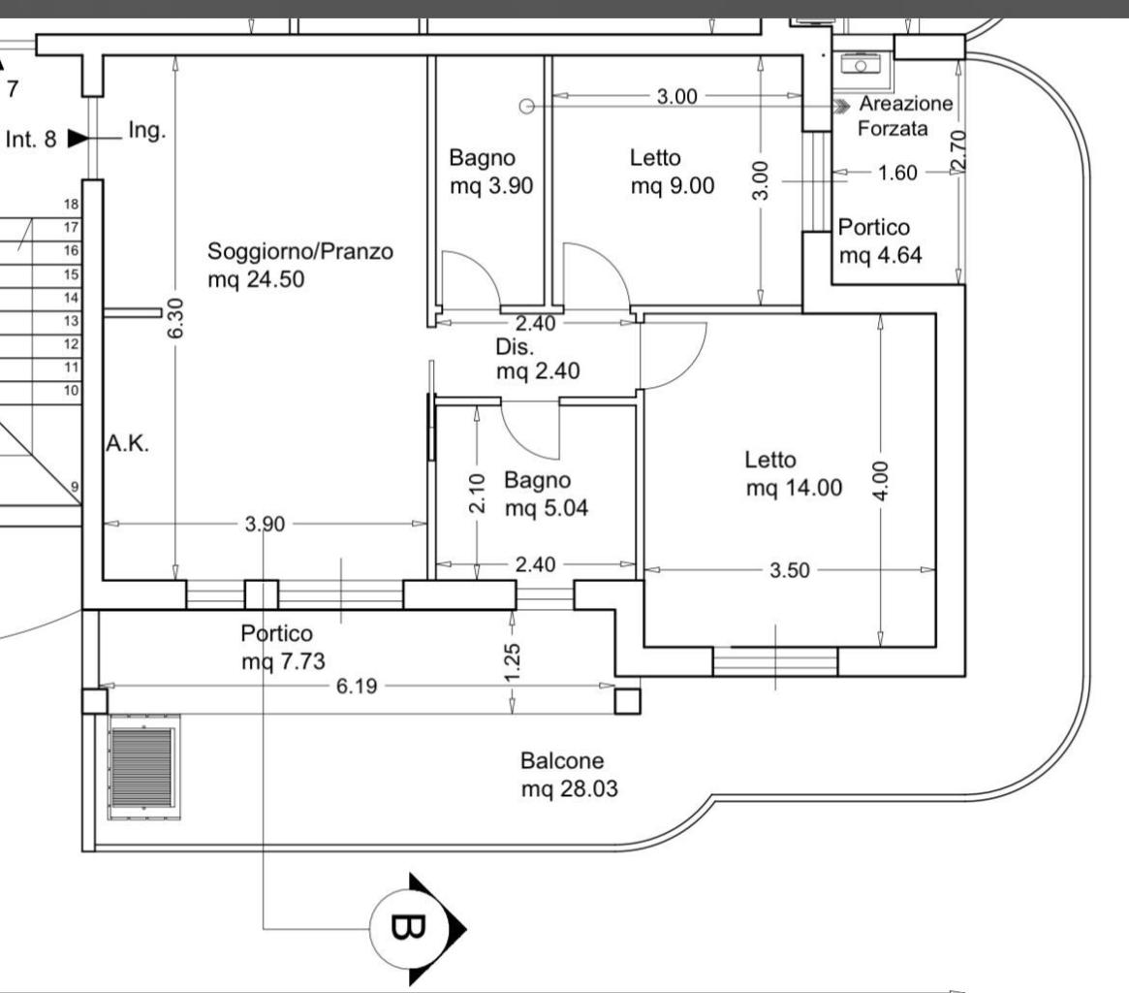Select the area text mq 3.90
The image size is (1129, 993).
(x=490, y=186)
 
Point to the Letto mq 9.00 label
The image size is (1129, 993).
(x=672, y=171)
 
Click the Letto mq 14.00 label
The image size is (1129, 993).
(x=793, y=473)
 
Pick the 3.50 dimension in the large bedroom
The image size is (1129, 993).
(x=789, y=570)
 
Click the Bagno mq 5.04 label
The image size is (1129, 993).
(x=546, y=493)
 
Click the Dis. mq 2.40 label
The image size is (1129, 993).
(x=538, y=359)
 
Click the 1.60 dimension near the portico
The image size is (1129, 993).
(x=896, y=173)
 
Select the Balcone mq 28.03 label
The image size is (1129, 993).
(x=568, y=775)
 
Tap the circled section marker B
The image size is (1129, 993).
(x=406, y=928)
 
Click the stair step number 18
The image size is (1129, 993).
(x=70, y=204)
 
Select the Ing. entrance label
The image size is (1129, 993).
(x=146, y=131)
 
